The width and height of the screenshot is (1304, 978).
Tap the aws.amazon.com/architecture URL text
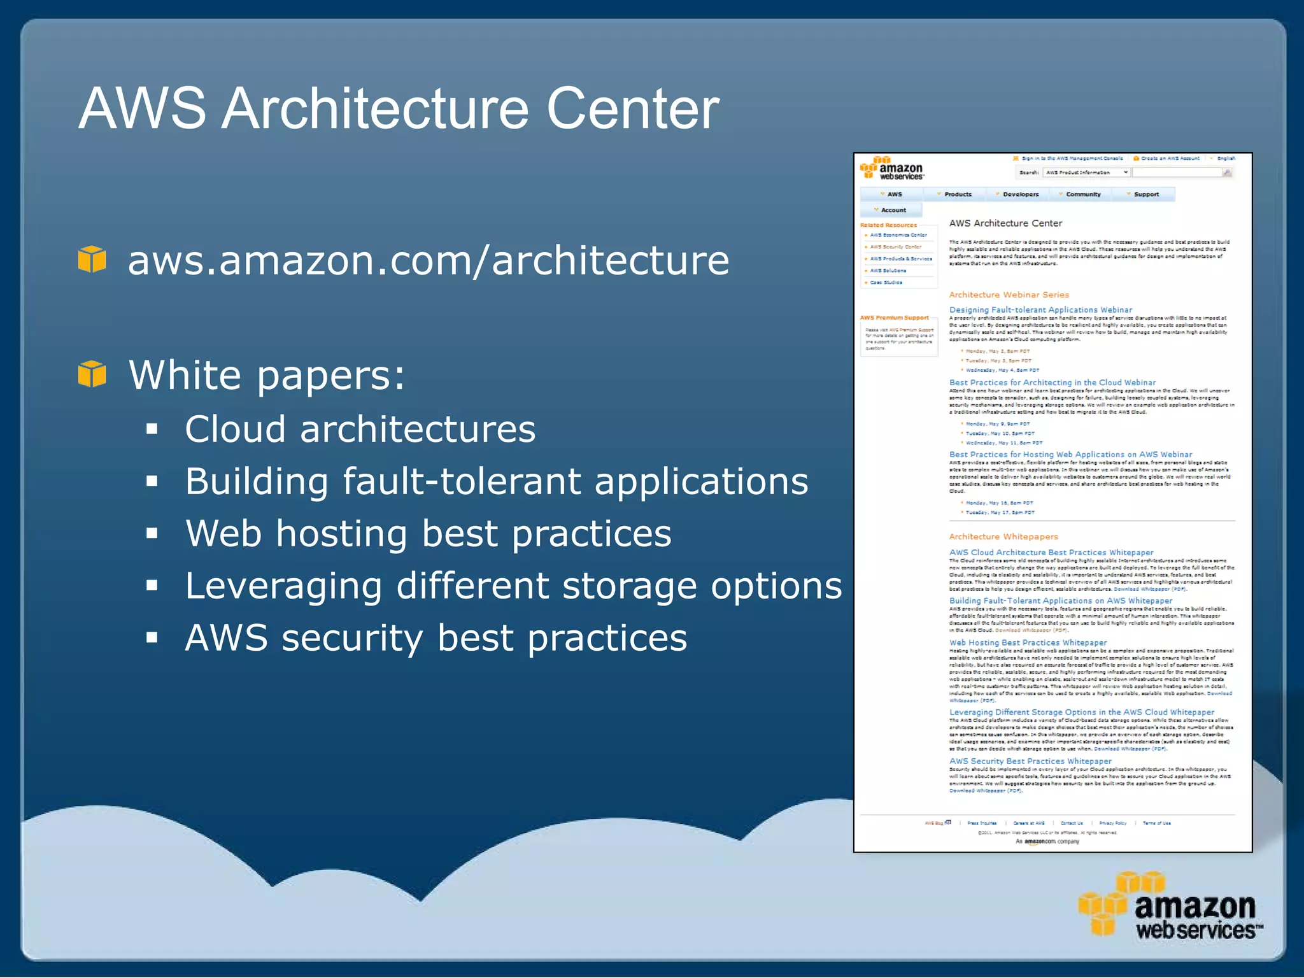pos(429,260)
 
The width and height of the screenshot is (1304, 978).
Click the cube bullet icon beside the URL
pos(92,259)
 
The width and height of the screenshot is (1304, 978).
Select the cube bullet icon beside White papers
pos(92,374)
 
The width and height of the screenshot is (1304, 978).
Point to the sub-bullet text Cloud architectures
pos(360,429)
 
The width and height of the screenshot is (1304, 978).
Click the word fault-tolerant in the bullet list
pos(462,481)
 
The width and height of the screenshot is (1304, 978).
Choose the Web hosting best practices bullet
pos(428,533)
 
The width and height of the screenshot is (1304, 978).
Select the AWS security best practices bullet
pos(436,638)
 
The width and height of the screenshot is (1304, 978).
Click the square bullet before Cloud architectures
pos(152,429)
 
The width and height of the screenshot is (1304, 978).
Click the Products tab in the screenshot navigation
pos(957,194)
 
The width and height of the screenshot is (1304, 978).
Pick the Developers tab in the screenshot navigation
pos(1020,194)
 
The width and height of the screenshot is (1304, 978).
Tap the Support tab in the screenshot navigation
pos(1145,194)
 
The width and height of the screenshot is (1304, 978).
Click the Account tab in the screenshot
pos(893,210)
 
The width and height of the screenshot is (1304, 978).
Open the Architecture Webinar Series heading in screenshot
pos(1009,295)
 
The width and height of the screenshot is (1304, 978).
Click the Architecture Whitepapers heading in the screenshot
pos(1003,537)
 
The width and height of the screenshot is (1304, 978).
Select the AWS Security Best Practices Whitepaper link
pos(1030,761)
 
